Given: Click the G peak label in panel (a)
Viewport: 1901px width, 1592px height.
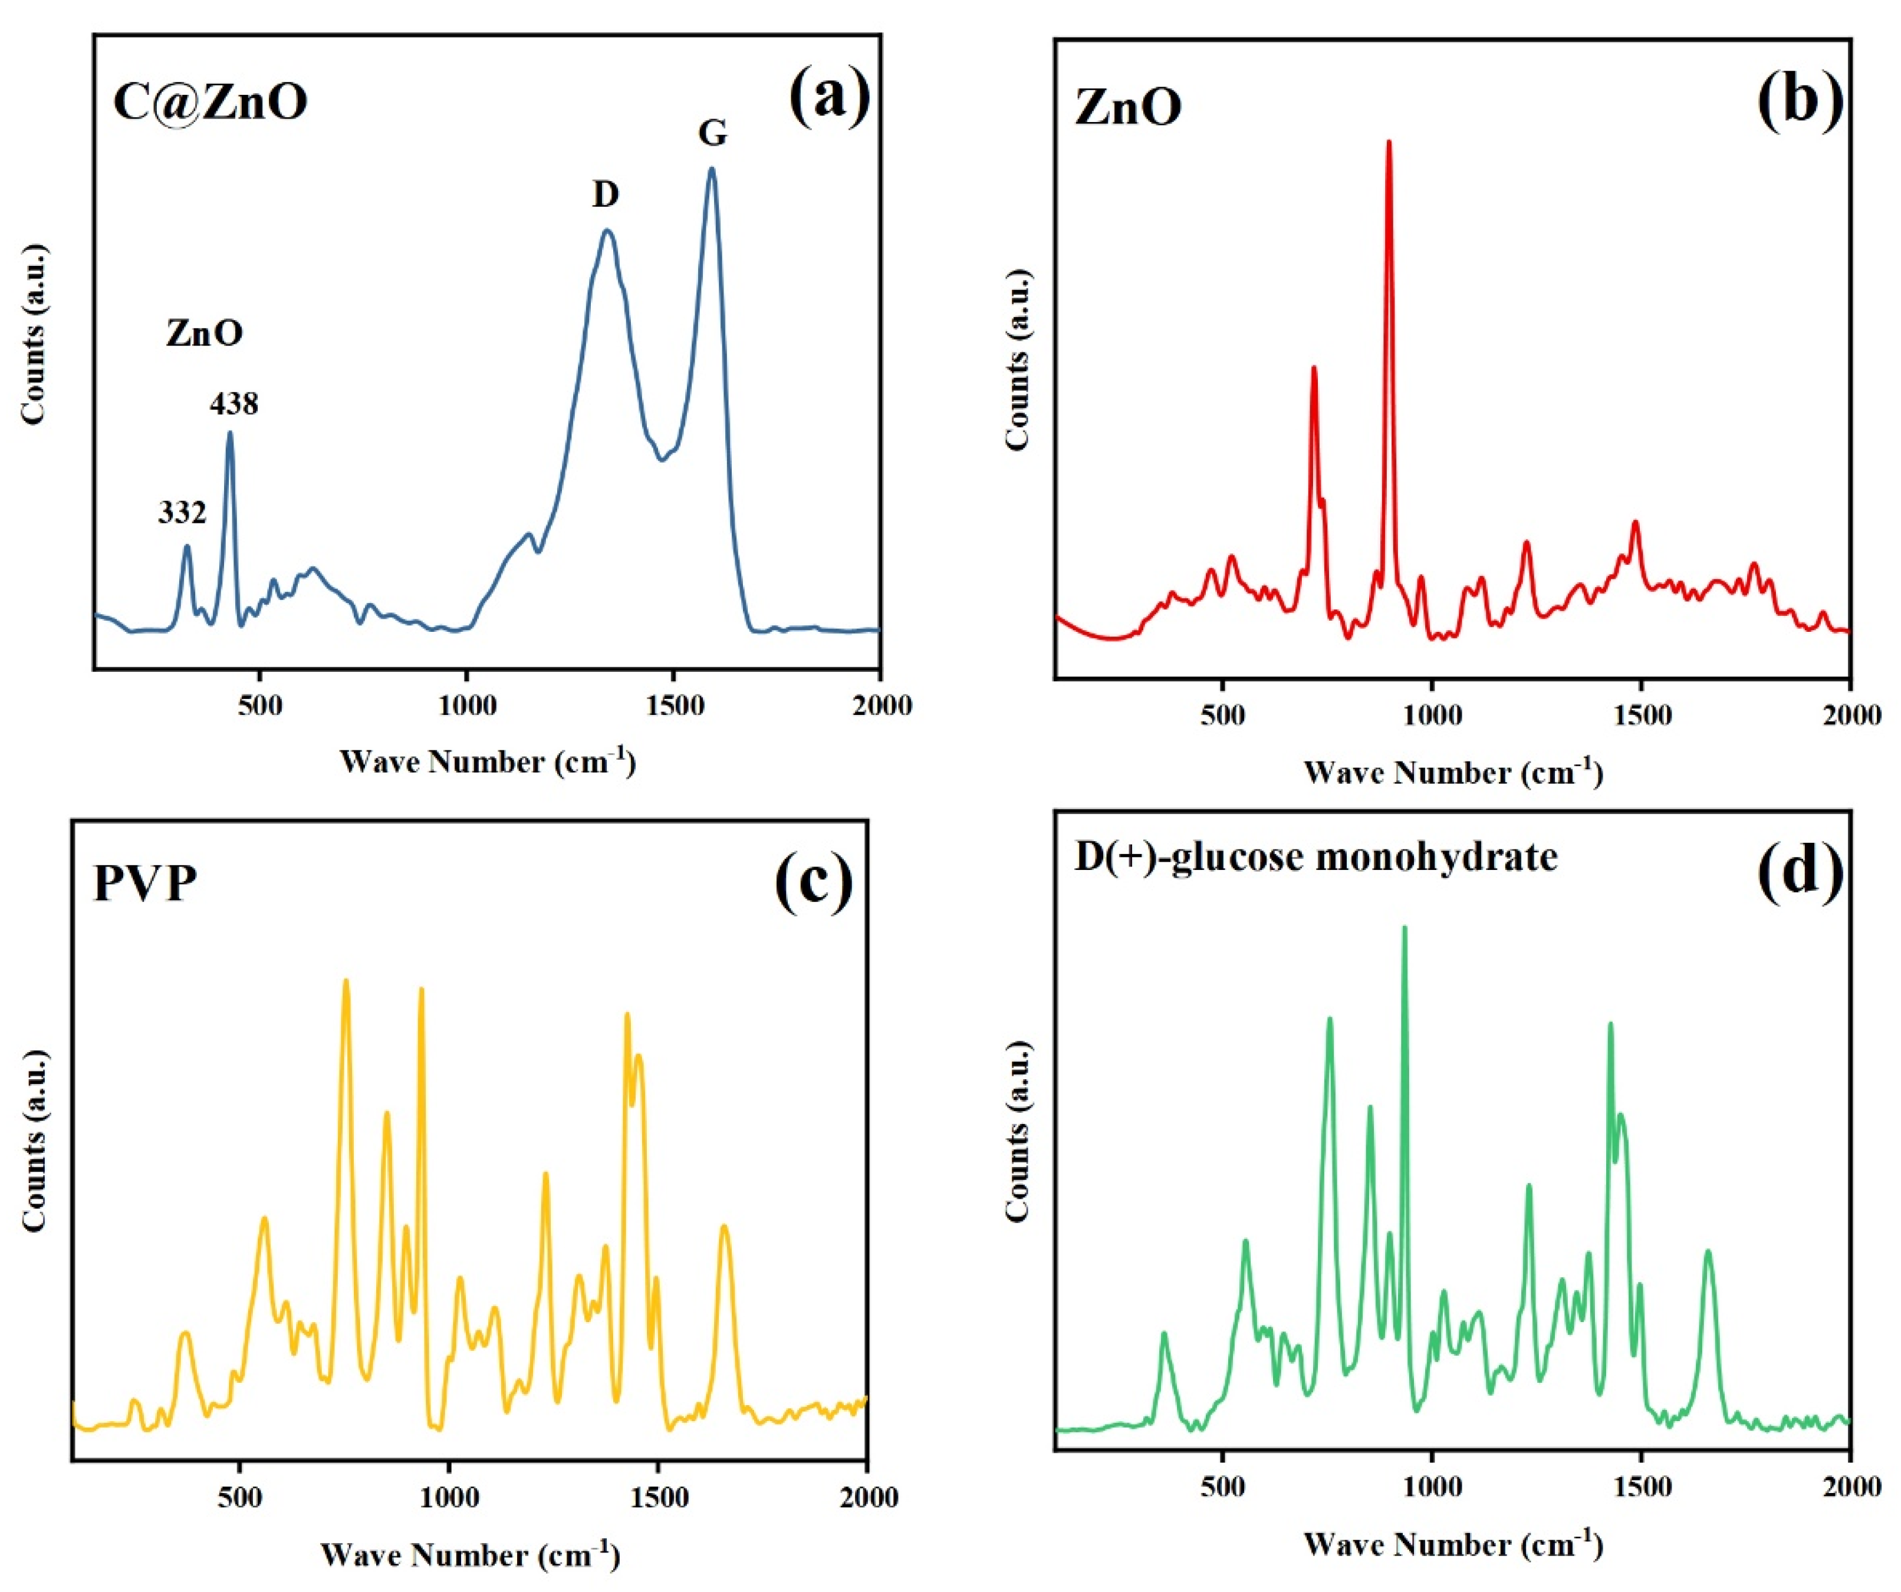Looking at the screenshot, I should [712, 134].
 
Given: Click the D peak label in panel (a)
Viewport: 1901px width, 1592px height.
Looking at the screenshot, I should [606, 194].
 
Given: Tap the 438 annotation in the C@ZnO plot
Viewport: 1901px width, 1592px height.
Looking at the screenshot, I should [233, 404].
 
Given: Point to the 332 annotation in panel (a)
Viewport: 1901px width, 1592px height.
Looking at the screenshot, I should [182, 513].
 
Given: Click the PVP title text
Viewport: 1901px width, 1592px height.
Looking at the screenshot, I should [145, 884].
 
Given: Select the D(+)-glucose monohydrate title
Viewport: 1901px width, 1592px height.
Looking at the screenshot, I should [1315, 856].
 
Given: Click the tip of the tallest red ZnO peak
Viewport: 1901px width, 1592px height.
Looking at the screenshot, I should [1389, 142].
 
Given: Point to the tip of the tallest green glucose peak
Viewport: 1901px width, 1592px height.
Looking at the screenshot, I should [1404, 928].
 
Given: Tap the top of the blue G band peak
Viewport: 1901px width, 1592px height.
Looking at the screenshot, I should [712, 169].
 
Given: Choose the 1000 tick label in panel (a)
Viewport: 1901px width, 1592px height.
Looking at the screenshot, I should [466, 705].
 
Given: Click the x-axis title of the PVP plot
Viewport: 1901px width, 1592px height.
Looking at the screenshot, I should [470, 1555].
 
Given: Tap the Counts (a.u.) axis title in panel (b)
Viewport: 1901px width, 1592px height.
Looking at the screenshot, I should [1018, 360].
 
